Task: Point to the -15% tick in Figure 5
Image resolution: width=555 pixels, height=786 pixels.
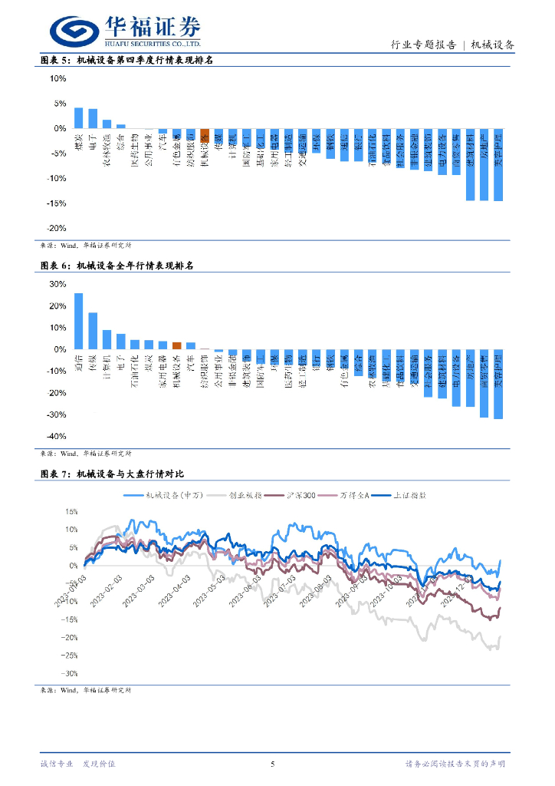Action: coord(57,203)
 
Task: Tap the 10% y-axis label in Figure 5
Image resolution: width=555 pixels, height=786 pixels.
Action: coord(58,78)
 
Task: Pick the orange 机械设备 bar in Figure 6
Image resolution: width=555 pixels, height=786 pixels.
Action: coord(176,346)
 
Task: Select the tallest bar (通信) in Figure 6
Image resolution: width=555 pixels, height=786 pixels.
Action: coord(78,321)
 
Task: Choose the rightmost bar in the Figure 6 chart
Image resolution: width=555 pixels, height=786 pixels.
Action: coord(498,384)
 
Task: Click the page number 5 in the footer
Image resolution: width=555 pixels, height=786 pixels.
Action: coord(274,764)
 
